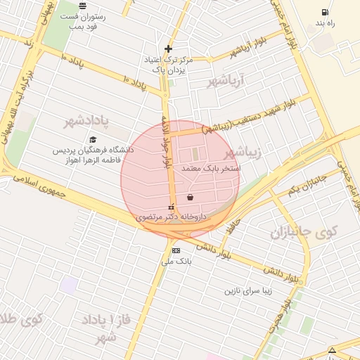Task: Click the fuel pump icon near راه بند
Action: pyautogui.click(x=324, y=12)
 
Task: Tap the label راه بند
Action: pyautogui.click(x=324, y=23)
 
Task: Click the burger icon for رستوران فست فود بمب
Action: pyautogui.click(x=82, y=6)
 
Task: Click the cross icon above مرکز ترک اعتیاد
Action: pyautogui.click(x=168, y=49)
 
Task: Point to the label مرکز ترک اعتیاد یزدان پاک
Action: pyautogui.click(x=165, y=65)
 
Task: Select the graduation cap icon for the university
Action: pyautogui.click(x=93, y=139)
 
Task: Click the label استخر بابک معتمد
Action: pyautogui.click(x=211, y=169)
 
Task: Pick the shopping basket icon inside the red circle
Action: pyautogui.click(x=190, y=198)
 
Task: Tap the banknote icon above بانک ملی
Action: pyautogui.click(x=176, y=250)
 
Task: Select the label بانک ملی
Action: pyautogui.click(x=176, y=262)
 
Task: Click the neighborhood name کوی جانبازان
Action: pyautogui.click(x=304, y=232)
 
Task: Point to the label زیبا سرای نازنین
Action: pyautogui.click(x=252, y=290)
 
